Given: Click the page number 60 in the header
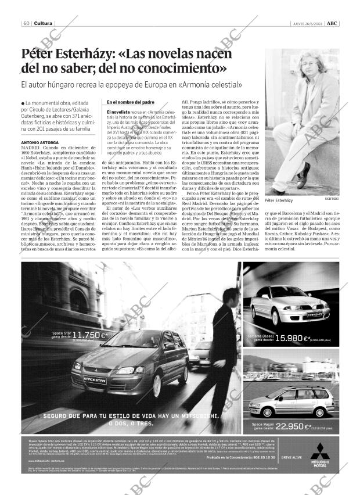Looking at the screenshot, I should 27,23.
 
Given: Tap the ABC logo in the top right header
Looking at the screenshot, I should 332,23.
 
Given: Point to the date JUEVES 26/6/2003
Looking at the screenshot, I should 307,23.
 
